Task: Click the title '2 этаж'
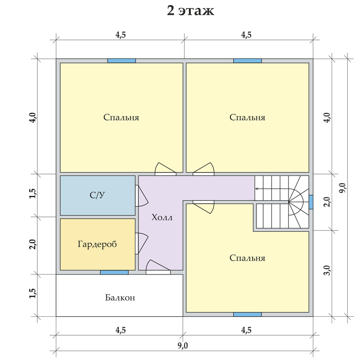click(190, 11)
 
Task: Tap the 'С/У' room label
click(97, 195)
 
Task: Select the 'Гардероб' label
click(97, 244)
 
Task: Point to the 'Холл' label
click(162, 217)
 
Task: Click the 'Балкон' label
click(120, 297)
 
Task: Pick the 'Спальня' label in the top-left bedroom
click(121, 117)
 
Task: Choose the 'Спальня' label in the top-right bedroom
click(247, 117)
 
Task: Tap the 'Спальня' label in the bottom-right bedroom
click(247, 258)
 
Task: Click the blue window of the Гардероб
click(114, 273)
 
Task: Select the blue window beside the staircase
click(311, 202)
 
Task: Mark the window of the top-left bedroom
click(121, 61)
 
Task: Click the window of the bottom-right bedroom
click(247, 315)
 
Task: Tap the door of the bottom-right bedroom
click(203, 207)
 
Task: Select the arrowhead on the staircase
click(256, 189)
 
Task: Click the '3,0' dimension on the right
click(328, 270)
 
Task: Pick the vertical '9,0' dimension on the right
click(343, 188)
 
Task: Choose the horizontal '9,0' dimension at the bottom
click(183, 346)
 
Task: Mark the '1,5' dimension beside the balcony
click(33, 293)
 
